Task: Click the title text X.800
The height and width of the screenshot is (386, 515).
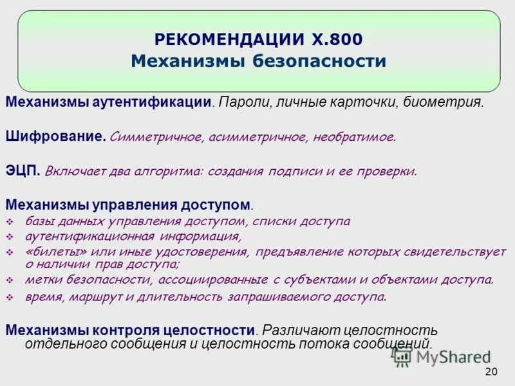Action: (x=333, y=40)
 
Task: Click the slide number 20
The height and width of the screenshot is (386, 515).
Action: (x=491, y=371)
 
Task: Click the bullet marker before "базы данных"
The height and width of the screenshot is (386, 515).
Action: (x=10, y=222)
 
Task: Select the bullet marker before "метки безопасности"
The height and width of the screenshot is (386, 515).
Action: (x=10, y=280)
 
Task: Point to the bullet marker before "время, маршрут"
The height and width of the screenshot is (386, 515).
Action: (x=10, y=297)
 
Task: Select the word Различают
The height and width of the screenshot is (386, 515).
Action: (x=299, y=330)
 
